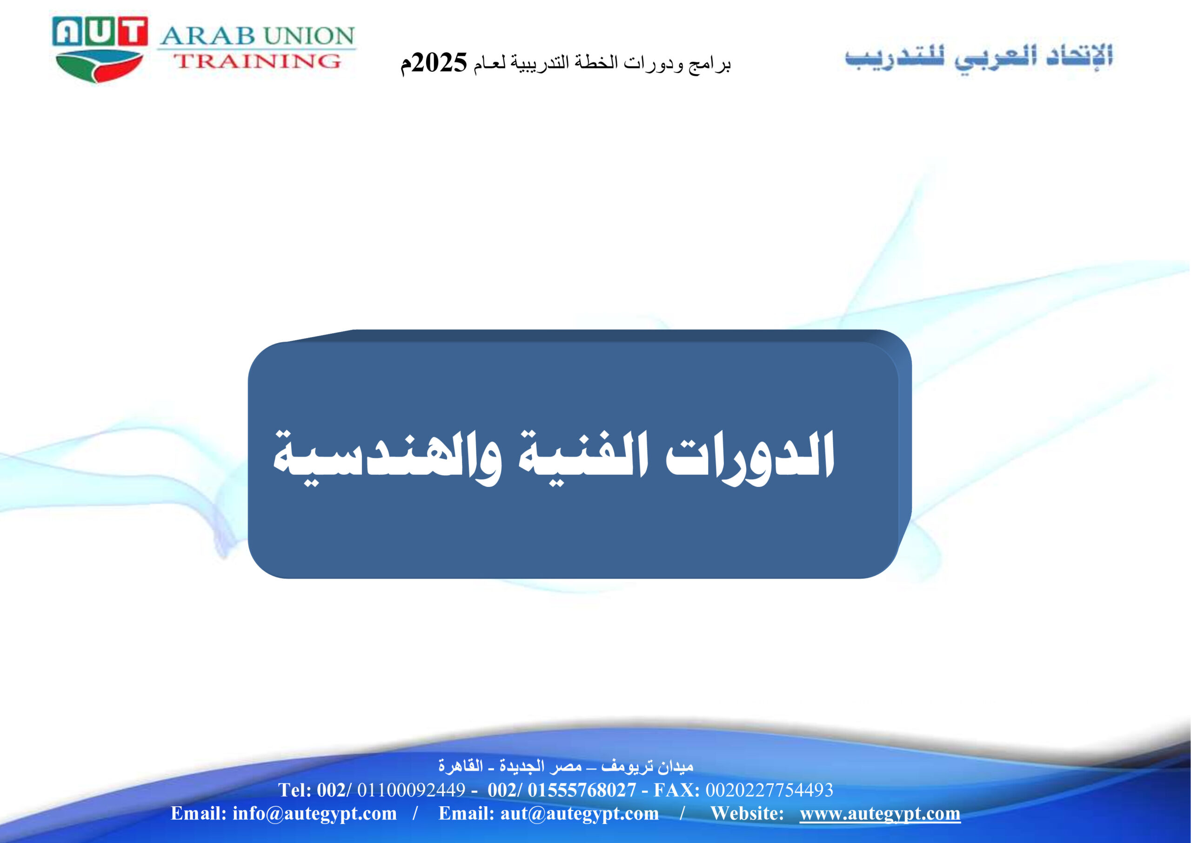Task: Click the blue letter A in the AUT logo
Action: point(67,31)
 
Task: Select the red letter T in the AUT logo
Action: point(132,31)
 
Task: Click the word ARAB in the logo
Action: point(207,36)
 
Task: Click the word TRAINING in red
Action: point(257,61)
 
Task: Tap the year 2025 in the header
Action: point(440,63)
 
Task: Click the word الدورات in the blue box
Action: point(749,457)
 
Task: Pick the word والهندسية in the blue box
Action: point(387,457)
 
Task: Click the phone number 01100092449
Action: point(411,789)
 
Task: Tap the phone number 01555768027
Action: point(582,789)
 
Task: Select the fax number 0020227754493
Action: point(769,789)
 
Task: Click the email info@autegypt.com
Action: point(314,813)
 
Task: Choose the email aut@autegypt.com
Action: point(579,813)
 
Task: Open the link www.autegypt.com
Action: point(880,813)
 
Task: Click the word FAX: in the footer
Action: point(676,789)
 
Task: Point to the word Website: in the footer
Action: point(747,813)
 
